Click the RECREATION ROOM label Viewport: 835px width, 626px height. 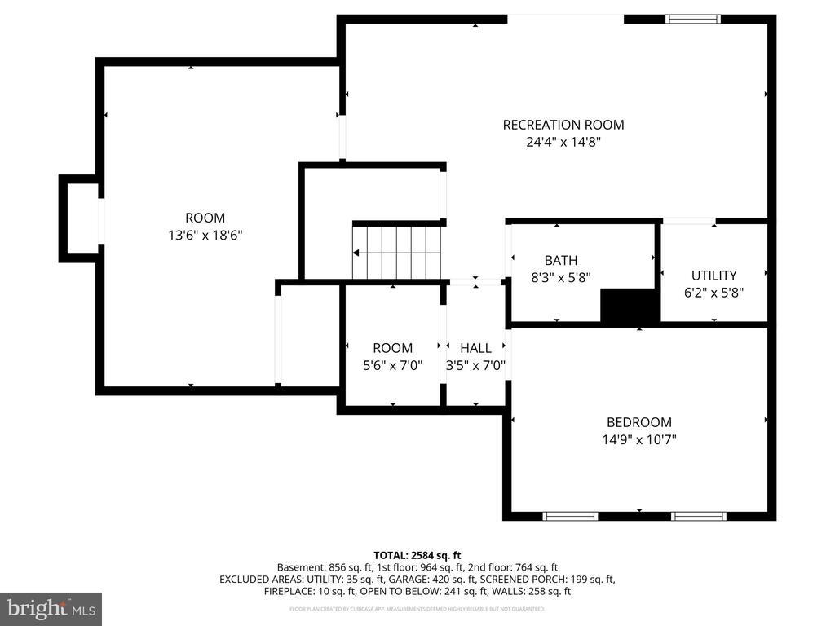563,125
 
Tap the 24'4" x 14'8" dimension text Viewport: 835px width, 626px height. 563,142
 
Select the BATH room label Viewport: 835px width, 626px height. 560,260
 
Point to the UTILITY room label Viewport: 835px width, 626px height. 714,276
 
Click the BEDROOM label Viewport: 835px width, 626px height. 638,422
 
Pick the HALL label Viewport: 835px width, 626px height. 475,348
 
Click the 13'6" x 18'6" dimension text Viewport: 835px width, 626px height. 205,235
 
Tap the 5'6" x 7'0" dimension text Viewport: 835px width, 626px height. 393,366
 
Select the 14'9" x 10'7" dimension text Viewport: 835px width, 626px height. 638,439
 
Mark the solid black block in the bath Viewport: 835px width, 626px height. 630,306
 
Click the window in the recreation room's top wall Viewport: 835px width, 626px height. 693,19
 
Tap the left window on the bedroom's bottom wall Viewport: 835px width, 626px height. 571,515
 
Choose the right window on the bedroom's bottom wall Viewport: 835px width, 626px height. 698,515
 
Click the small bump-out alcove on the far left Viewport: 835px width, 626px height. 81,218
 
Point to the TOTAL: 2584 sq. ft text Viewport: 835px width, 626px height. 417,553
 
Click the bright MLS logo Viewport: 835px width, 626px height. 51,608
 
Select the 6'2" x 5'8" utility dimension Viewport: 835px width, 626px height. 714,292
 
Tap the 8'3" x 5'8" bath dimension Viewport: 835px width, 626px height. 560,277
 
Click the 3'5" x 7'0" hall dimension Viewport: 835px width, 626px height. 475,366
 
